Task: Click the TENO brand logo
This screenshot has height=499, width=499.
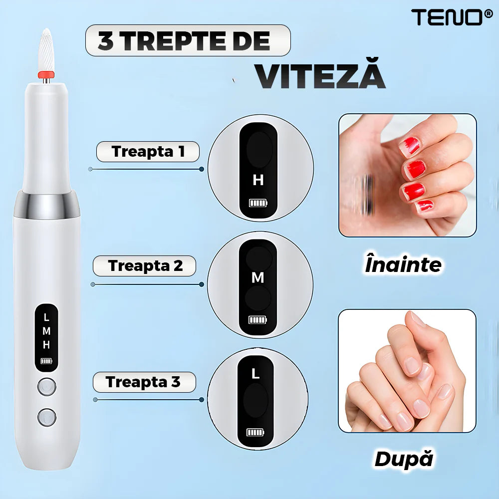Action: tap(452, 17)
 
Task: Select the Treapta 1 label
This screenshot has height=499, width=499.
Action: tap(148, 152)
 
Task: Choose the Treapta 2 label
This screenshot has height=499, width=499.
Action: tap(145, 266)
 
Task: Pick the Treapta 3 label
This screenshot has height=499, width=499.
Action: tap(144, 382)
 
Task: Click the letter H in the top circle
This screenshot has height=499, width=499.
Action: tap(258, 180)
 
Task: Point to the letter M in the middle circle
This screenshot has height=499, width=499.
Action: tap(258, 278)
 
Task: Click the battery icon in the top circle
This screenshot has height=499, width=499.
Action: tap(258, 203)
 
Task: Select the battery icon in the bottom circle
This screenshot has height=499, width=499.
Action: tap(255, 432)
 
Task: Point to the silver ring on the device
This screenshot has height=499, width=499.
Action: tap(46, 205)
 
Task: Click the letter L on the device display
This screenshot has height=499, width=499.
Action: tap(46, 317)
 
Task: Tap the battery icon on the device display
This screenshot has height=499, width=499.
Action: tap(46, 361)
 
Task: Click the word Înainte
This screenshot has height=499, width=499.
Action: tap(403, 264)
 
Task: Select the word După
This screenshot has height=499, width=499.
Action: tap(404, 459)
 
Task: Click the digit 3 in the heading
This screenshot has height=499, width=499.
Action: tap(105, 41)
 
